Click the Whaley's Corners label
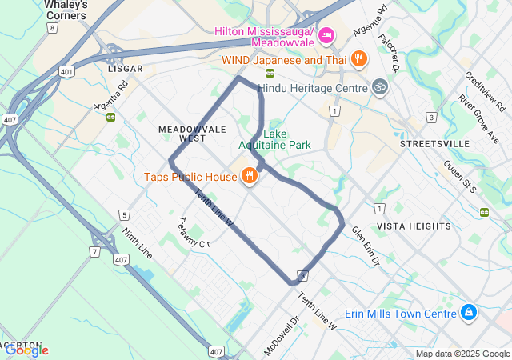point(66,9)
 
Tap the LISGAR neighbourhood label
point(125,69)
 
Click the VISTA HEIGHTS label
point(414,226)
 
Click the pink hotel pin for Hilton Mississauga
point(326,36)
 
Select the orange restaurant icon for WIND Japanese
point(359,58)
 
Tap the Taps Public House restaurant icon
point(249,176)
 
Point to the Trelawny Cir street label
point(192,233)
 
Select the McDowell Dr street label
point(281,335)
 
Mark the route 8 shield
point(52,27)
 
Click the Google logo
point(26,350)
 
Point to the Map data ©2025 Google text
point(462,354)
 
